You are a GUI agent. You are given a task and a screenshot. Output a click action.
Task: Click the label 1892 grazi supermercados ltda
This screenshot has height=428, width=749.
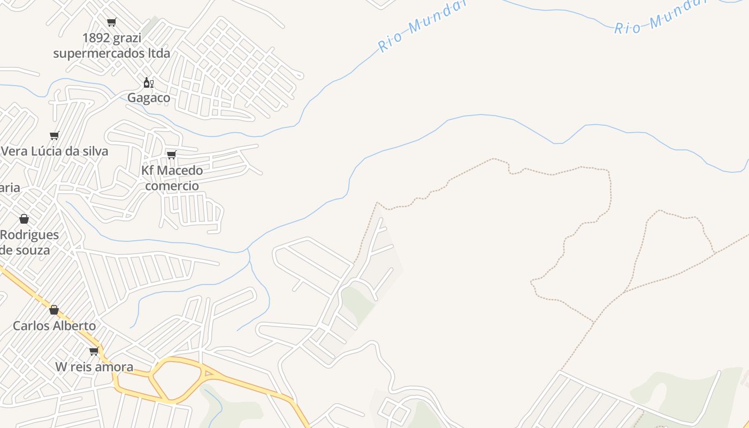coord(111,45)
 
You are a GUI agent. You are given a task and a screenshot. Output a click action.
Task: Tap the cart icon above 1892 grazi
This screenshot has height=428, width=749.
coord(111,22)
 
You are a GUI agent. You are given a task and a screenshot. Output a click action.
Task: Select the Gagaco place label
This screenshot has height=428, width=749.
coord(149,98)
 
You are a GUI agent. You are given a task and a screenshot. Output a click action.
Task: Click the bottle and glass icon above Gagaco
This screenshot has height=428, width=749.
coord(148,82)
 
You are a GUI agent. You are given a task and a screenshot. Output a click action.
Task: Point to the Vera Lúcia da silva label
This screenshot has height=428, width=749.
coord(55,151)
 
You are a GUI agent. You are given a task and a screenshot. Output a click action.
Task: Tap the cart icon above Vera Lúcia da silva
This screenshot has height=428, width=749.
coord(54,135)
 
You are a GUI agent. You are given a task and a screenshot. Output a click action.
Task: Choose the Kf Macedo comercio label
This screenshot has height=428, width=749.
coord(172,178)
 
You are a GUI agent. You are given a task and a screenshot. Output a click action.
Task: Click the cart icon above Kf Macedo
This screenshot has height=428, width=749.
coord(171,155)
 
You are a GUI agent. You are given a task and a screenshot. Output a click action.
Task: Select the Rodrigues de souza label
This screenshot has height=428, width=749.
coord(29,242)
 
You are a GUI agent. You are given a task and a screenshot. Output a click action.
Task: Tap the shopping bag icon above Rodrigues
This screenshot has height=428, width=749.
coord(24,219)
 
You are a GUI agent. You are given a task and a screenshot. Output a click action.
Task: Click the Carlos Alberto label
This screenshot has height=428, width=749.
coord(54,326)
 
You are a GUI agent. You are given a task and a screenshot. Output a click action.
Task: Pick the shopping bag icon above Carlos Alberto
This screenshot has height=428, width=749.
coord(54,310)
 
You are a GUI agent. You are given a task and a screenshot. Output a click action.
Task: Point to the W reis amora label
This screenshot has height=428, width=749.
coord(94,367)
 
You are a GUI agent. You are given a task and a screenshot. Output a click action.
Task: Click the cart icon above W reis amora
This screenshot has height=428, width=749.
coord(94,351)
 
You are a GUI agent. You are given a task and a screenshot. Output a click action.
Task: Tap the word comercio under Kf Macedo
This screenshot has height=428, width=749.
coord(172,186)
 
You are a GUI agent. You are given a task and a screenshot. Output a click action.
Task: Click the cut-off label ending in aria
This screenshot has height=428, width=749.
coord(10,188)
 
